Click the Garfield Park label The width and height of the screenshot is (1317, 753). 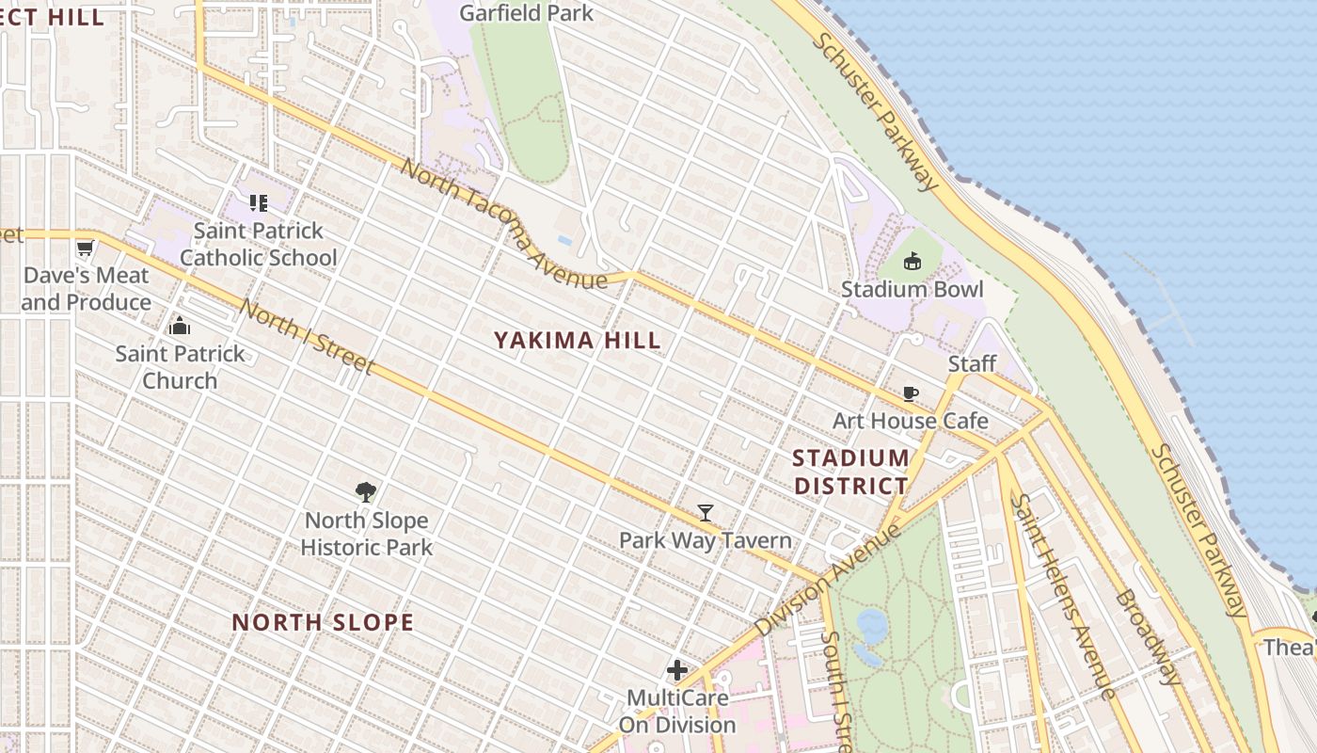(526, 13)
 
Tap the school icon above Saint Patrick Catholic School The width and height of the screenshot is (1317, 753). (259, 202)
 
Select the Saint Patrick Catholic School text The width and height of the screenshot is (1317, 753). (258, 244)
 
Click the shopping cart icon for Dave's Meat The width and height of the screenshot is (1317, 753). (86, 248)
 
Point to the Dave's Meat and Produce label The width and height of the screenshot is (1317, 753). (86, 289)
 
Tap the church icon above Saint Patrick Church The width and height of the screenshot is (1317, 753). (180, 327)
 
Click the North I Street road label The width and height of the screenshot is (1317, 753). (307, 336)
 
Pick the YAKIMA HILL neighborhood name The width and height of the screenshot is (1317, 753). (578, 341)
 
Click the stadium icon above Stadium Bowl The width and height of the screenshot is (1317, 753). (912, 262)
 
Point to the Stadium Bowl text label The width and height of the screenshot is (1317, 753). (912, 289)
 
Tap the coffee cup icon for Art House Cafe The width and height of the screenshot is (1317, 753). (910, 393)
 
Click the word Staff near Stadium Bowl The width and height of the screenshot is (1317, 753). (972, 364)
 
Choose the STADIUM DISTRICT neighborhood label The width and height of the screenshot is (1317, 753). (850, 472)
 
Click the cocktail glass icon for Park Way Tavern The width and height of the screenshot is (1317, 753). (706, 513)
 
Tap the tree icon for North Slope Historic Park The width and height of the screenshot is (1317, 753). (366, 491)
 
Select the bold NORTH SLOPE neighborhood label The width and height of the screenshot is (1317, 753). (323, 622)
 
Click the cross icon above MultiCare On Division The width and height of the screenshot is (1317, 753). (677, 670)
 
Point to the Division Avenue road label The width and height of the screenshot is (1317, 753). (826, 580)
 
